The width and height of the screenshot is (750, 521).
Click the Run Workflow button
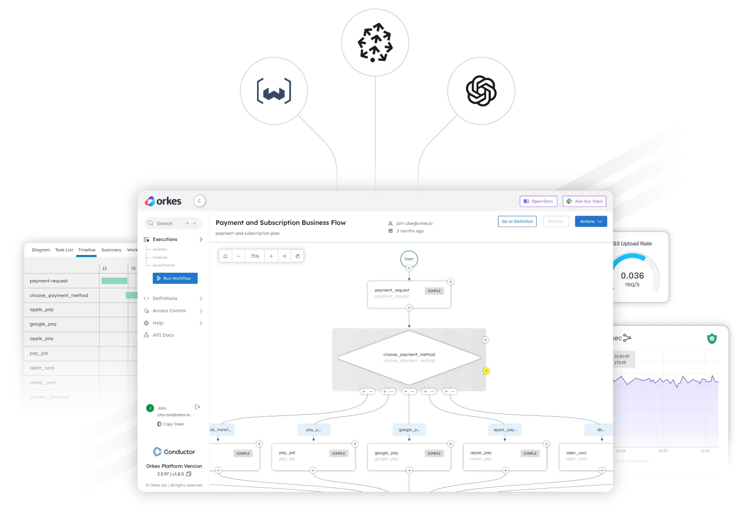[x=175, y=278]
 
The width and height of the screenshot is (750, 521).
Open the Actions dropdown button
[x=591, y=222]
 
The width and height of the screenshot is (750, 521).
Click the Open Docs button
[x=538, y=202]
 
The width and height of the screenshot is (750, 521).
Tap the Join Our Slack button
[x=584, y=202]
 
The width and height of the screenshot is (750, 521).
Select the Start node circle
[x=409, y=259]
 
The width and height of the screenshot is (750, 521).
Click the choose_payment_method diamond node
[x=409, y=357]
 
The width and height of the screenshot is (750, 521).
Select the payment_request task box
[x=409, y=294]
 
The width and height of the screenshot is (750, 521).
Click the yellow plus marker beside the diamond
[x=486, y=371]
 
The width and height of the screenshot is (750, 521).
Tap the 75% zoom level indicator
[x=255, y=256]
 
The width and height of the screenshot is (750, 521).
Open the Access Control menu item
[x=169, y=311]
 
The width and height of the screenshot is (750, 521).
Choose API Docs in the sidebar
[x=163, y=335]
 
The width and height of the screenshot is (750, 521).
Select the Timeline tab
[x=86, y=250]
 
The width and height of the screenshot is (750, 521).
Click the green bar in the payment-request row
[x=114, y=281]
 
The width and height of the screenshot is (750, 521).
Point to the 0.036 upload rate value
[x=632, y=276]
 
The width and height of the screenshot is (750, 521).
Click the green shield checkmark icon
[x=712, y=339]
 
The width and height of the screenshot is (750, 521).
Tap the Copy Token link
[x=173, y=424]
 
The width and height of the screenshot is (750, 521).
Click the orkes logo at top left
[x=163, y=202]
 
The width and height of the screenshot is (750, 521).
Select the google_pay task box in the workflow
[x=409, y=456]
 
